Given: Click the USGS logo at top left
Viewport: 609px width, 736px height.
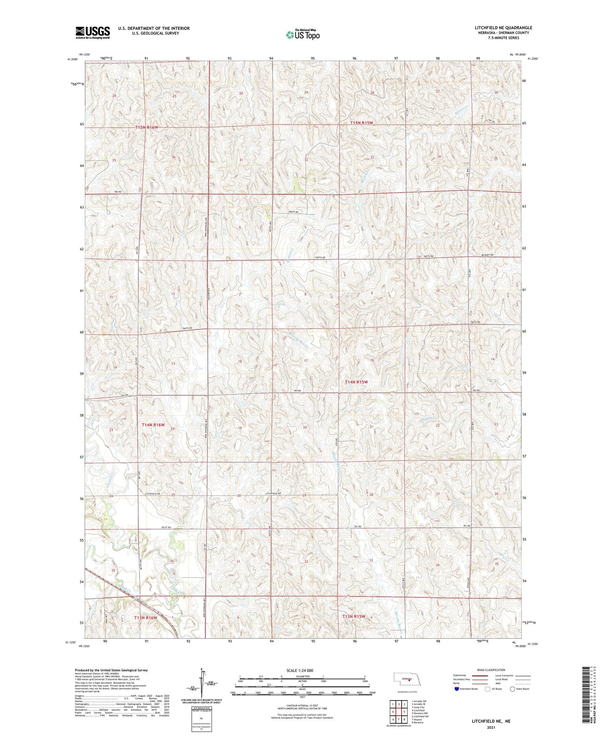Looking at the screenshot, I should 93,32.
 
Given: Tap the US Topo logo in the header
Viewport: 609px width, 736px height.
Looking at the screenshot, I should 303,35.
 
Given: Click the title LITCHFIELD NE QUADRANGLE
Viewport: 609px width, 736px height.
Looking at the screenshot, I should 503,28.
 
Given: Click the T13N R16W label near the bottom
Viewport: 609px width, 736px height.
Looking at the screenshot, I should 145,618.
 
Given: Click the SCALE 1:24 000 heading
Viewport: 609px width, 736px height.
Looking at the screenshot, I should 302,670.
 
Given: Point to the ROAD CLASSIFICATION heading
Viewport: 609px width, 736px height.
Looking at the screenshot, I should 491,670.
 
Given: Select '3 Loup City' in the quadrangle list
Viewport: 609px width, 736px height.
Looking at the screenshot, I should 418,707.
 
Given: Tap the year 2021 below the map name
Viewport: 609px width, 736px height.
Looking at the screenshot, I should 491,728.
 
